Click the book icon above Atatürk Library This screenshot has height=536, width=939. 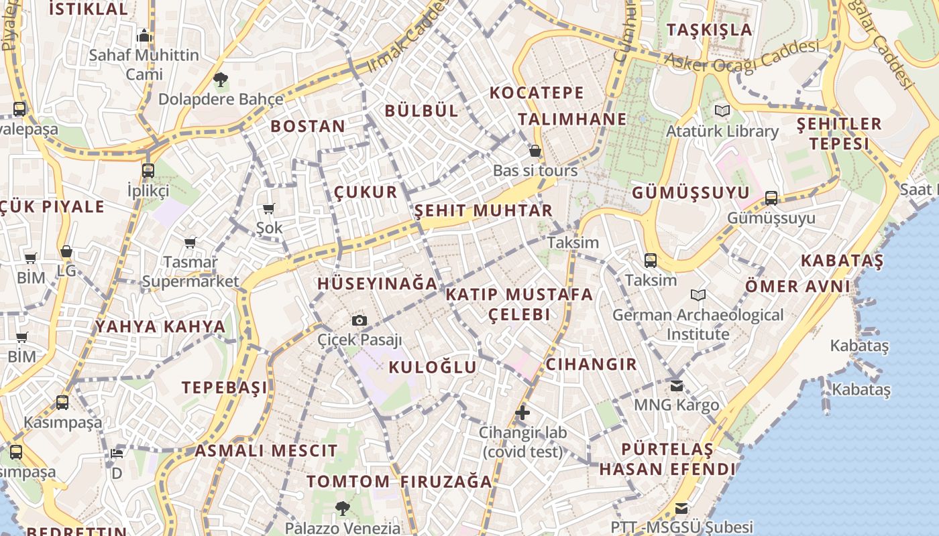(722, 111)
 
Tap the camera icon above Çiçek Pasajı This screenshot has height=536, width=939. (360, 320)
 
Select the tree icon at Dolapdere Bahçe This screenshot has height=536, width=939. (220, 80)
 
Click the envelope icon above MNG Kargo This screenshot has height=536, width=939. (676, 385)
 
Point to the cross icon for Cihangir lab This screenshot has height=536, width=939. (522, 412)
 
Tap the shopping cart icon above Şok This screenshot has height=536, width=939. (269, 208)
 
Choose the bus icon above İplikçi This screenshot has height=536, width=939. (148, 170)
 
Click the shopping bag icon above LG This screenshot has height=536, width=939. (66, 252)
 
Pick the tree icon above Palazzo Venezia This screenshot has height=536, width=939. (342, 508)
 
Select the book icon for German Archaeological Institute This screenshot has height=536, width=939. (698, 295)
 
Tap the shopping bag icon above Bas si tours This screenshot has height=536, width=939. (535, 151)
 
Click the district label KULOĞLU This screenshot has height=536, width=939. (433, 366)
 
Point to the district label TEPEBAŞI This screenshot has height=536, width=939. (225, 387)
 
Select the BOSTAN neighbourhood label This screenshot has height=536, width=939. (308, 126)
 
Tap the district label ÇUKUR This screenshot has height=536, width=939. (366, 192)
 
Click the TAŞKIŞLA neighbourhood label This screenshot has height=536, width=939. (710, 29)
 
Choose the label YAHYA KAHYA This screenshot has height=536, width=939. (160, 326)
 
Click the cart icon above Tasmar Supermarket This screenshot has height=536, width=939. (190, 242)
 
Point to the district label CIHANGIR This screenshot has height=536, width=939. (591, 364)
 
